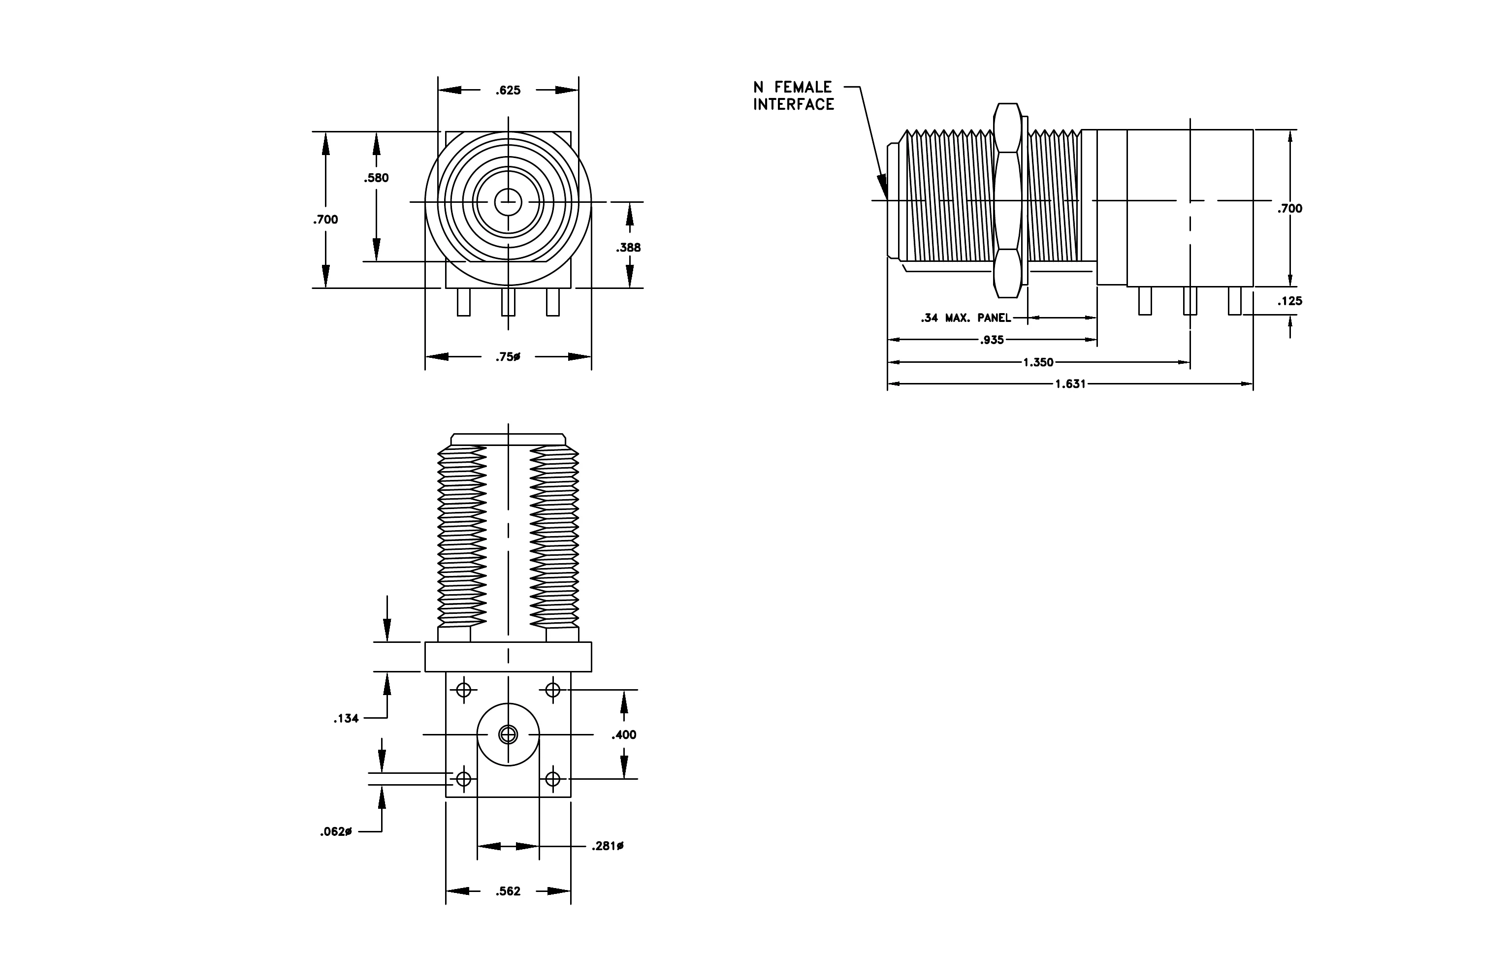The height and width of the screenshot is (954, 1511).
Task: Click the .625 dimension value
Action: tap(508, 90)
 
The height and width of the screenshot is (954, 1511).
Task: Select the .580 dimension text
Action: tap(377, 178)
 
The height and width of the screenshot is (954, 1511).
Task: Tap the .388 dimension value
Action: tap(628, 248)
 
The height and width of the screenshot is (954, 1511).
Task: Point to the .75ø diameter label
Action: tap(508, 357)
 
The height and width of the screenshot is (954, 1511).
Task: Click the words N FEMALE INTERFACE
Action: tap(794, 96)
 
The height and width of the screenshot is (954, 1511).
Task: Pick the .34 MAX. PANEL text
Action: tap(965, 318)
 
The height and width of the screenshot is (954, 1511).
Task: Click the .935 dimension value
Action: tap(992, 340)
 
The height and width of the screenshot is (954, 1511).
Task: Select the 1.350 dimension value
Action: tap(1038, 362)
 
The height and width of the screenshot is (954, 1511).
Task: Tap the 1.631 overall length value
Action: tap(1070, 384)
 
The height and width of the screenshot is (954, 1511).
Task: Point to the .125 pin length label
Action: tap(1289, 301)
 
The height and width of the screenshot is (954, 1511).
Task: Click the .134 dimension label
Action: tap(346, 719)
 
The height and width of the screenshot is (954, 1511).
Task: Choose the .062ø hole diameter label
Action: tap(336, 832)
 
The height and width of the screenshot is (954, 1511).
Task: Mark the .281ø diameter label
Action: tap(608, 847)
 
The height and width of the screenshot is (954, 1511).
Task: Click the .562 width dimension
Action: tap(508, 891)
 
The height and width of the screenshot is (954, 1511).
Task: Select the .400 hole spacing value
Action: tap(624, 734)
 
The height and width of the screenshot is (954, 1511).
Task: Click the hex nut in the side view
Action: tap(1007, 201)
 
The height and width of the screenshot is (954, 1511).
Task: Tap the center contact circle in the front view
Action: tap(508, 202)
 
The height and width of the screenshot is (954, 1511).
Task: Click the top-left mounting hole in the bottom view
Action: tap(464, 690)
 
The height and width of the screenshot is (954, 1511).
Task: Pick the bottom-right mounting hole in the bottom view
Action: tap(552, 779)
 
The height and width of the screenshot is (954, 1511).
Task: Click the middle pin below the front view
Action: tap(508, 302)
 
